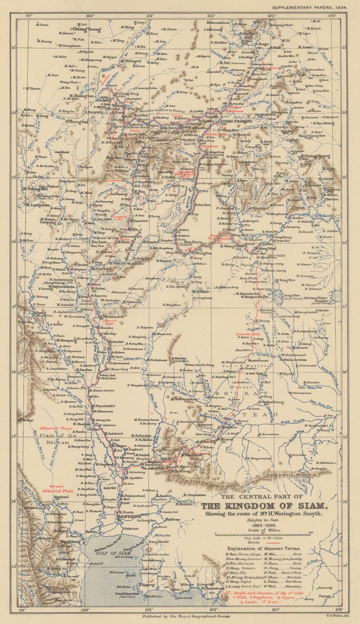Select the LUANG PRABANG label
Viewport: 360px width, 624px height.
tap(234, 122)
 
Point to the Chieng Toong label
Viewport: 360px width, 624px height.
tap(86, 29)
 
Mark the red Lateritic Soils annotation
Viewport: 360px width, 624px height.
tap(248, 334)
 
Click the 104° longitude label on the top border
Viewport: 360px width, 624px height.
tap(332, 16)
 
